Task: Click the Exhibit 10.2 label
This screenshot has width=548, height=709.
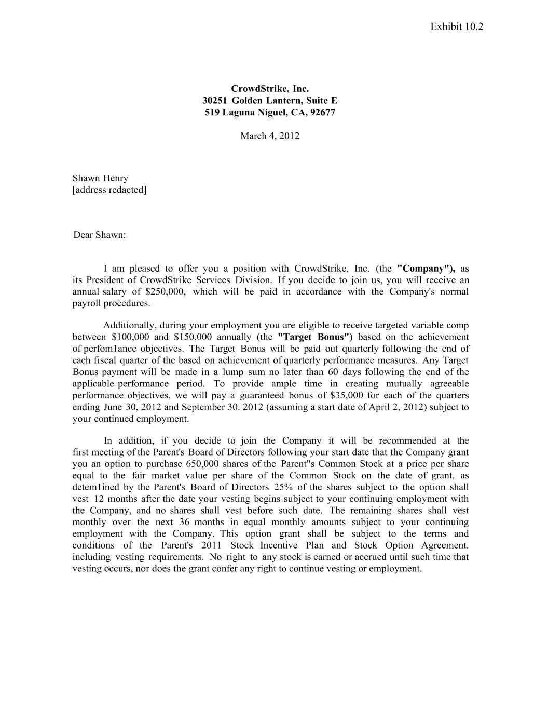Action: [456, 26]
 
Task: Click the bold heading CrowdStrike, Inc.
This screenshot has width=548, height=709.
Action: [269, 89]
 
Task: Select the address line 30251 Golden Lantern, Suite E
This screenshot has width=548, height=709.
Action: [269, 101]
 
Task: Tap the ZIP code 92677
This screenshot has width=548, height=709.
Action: [322, 112]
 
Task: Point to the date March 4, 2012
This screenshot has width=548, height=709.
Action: [269, 136]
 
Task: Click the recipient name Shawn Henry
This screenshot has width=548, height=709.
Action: [100, 178]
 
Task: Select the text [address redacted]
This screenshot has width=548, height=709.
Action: [109, 190]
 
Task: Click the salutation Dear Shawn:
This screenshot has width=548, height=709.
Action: [100, 235]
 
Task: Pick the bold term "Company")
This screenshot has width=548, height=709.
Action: [426, 269]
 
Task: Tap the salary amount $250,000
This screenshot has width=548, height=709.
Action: [165, 291]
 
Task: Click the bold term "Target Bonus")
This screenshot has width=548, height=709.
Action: [316, 337]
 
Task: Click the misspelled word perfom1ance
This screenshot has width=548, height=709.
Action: [109, 349]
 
